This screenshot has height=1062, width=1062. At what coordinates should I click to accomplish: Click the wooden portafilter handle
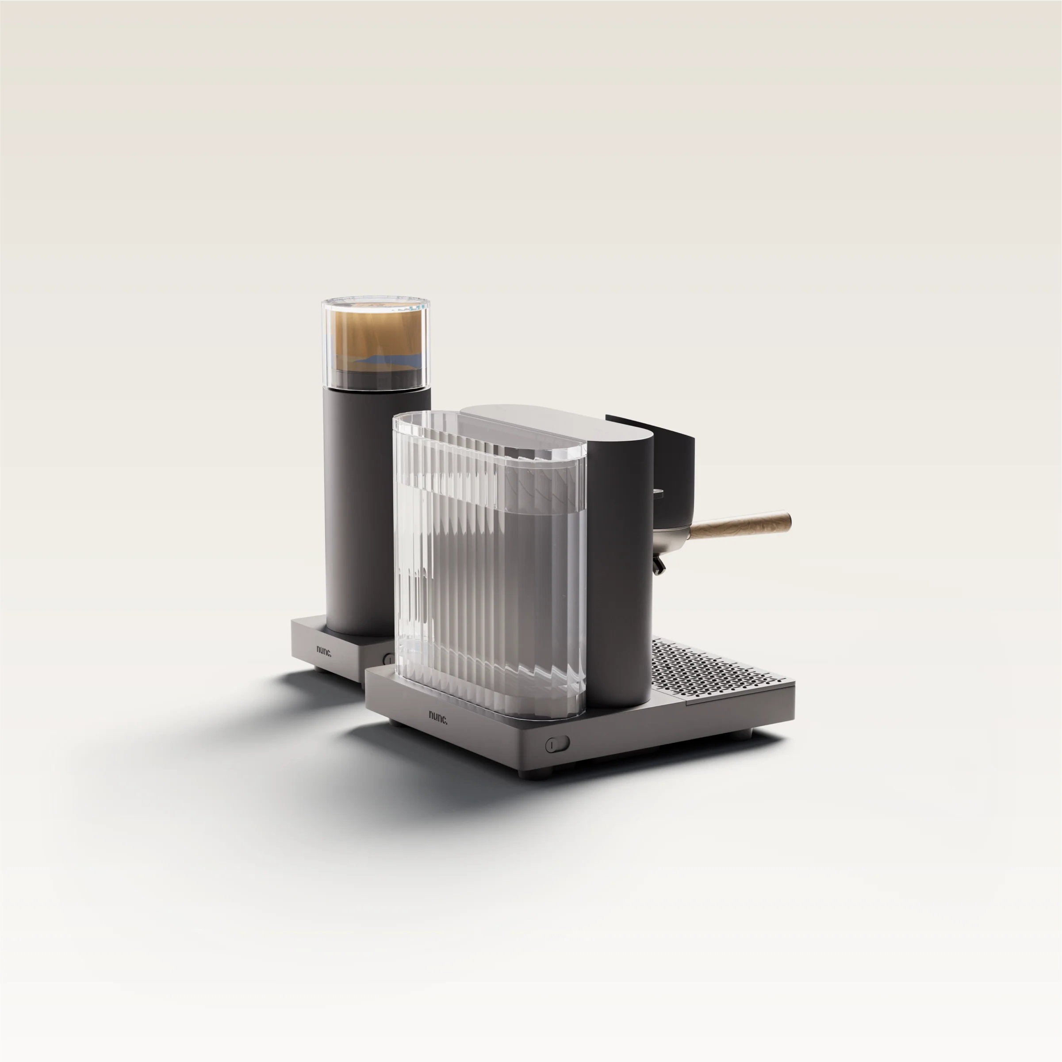pos(740,524)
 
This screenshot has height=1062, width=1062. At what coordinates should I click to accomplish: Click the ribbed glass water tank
pos(489,566)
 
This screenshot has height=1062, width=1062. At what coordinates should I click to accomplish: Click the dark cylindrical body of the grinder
pos(360,511)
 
